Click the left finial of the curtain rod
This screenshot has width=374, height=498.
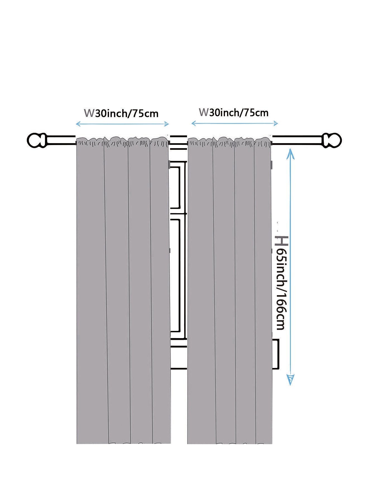point(37,140)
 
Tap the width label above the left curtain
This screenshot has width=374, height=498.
point(121,113)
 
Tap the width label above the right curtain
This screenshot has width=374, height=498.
point(234,112)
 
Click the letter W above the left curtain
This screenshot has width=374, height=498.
point(89,113)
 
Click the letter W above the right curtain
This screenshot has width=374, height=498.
point(203,112)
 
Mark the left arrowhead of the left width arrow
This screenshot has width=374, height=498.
point(78,124)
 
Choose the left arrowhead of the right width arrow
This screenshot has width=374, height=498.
point(194,123)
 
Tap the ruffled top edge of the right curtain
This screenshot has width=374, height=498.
point(229,142)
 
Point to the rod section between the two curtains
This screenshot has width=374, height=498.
point(178,140)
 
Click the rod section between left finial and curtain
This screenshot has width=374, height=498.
point(61,140)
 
